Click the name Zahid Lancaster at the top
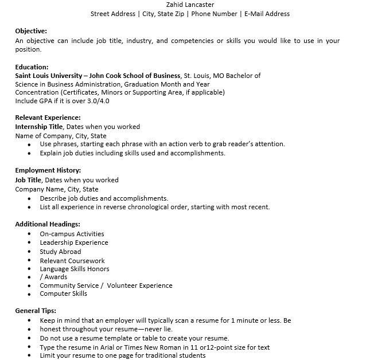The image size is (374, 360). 190,5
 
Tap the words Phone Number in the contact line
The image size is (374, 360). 214,14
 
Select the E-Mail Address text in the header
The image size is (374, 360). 267,14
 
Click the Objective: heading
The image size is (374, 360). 31,31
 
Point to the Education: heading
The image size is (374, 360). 32,67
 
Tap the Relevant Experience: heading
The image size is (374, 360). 48,118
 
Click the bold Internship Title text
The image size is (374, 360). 39,127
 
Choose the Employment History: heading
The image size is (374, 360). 48,170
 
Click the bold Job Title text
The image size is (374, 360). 28,180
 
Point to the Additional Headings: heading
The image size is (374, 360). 48,224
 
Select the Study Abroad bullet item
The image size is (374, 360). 60,252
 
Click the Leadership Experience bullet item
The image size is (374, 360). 74,242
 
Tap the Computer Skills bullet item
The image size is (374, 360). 64,294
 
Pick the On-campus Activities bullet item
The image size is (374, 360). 72,234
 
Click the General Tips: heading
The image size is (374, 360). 36,311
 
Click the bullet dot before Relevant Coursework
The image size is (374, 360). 29,261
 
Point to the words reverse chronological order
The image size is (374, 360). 143,207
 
